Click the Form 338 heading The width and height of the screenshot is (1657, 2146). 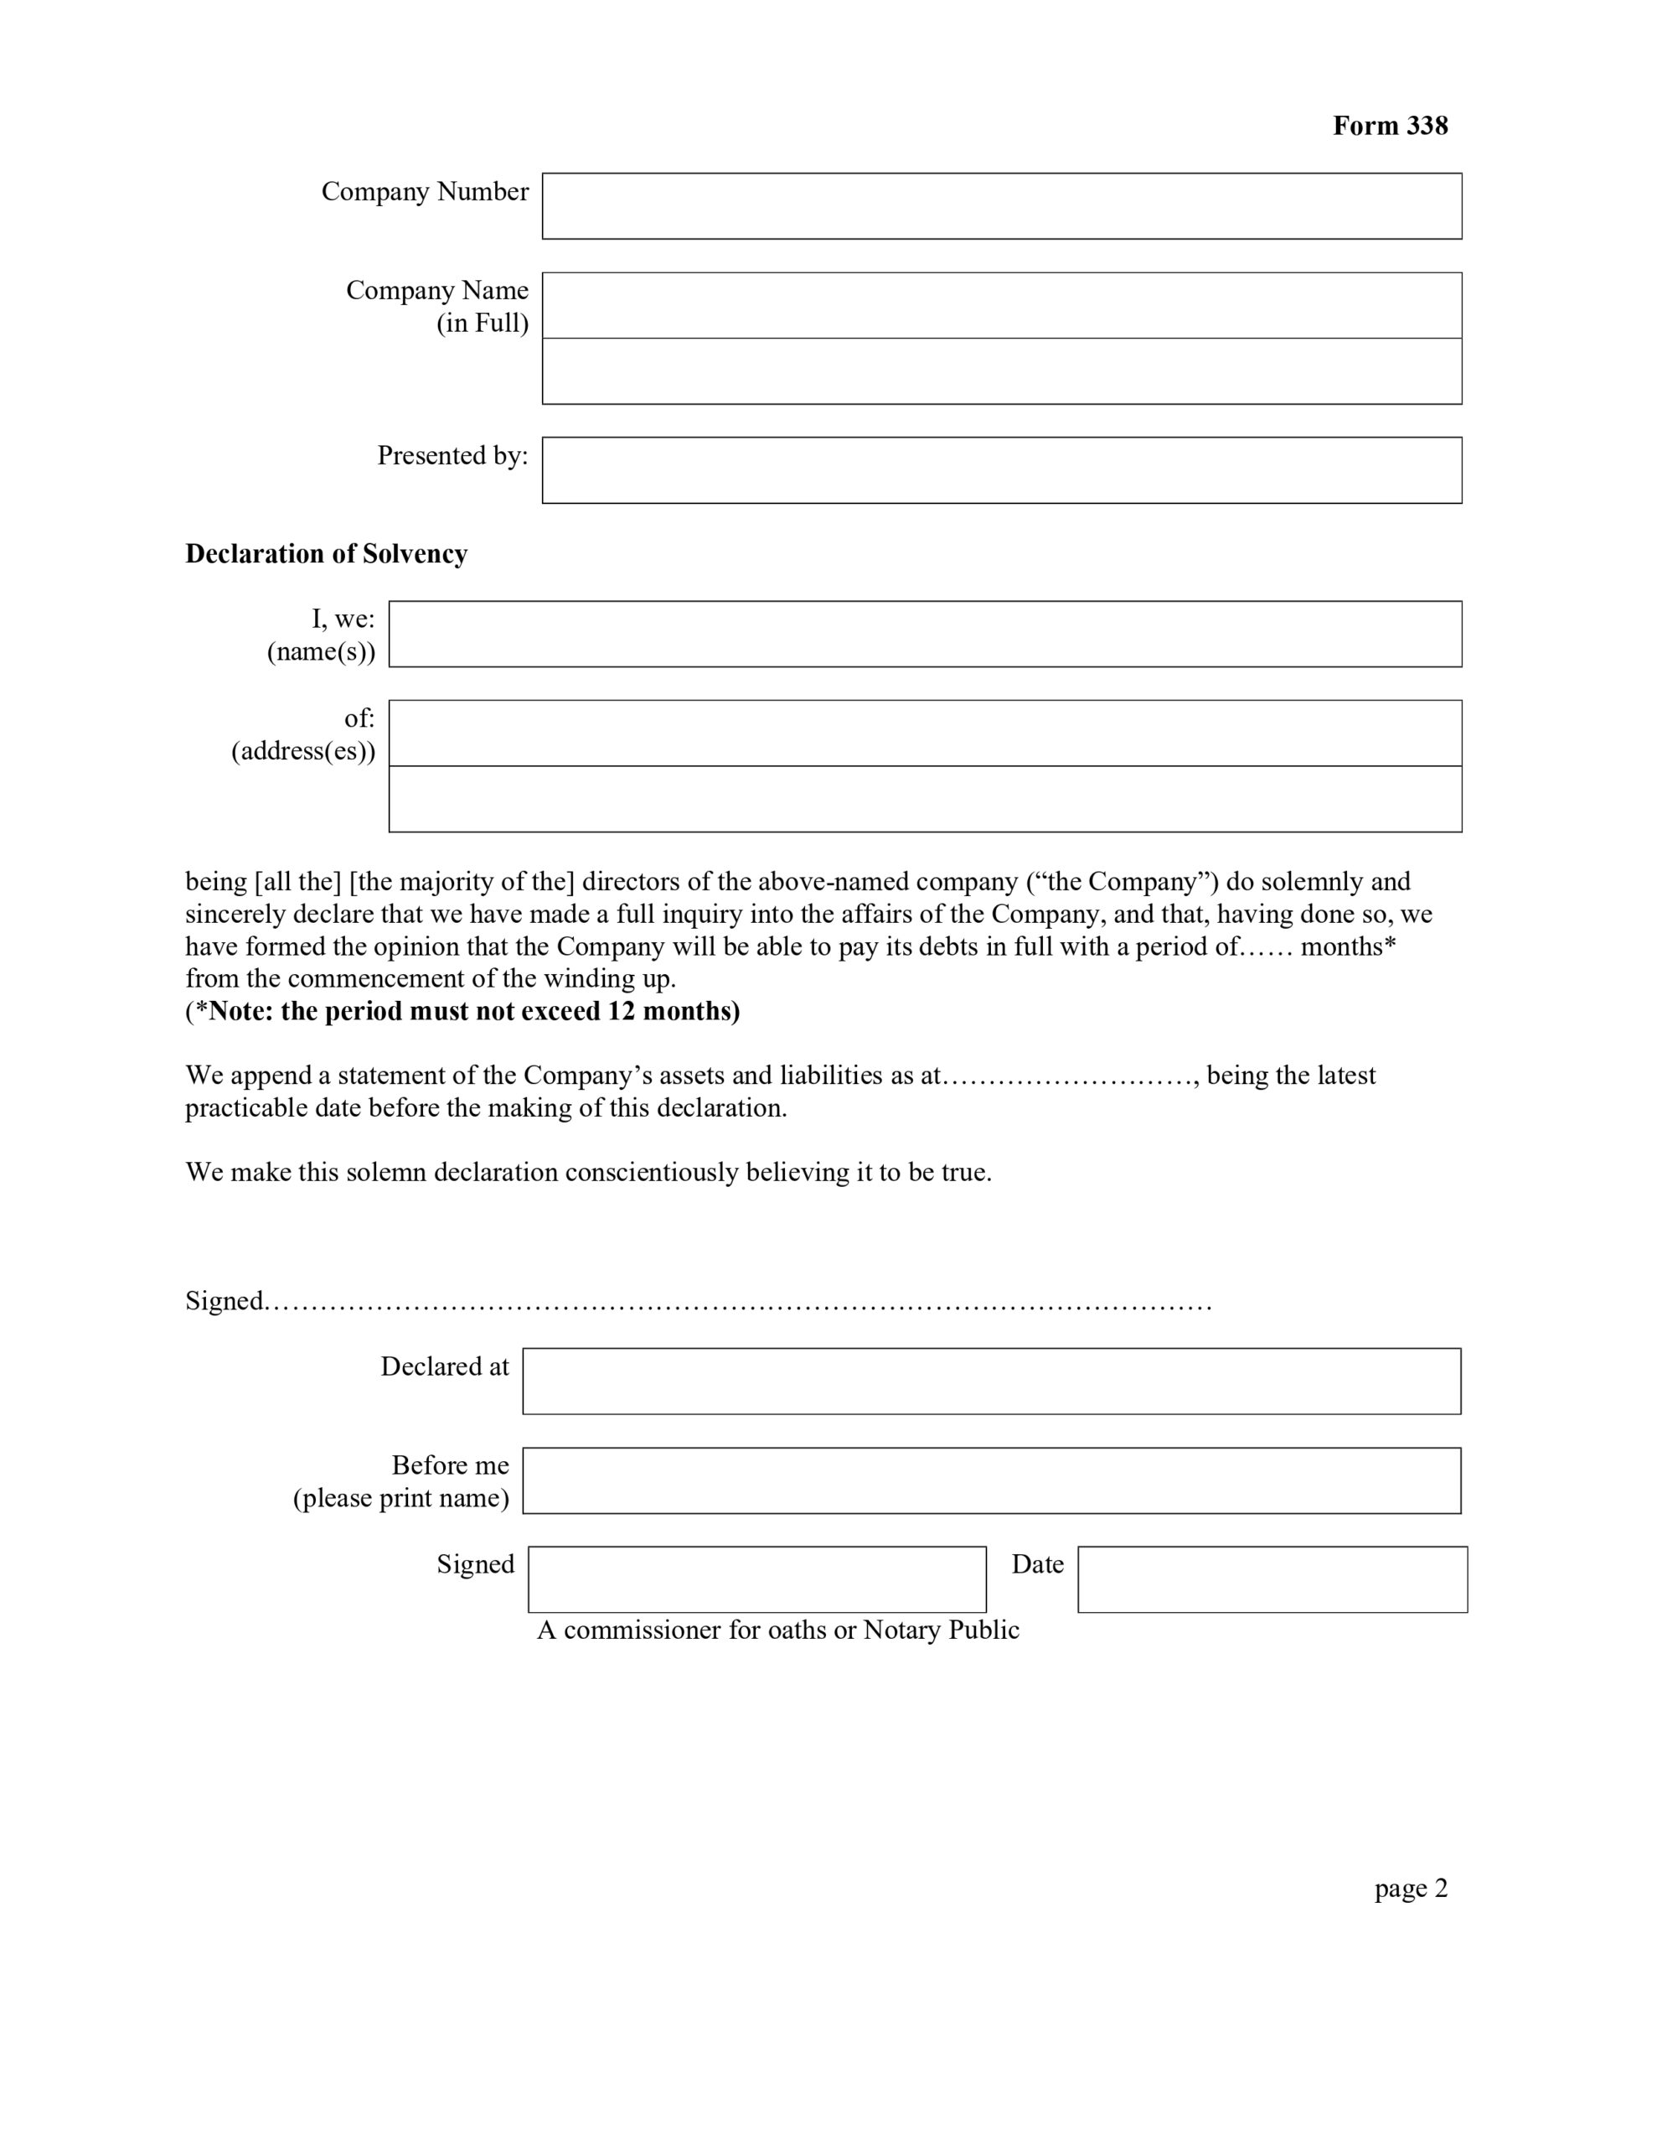pos(1389,126)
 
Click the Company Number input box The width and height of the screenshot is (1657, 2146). pos(1001,206)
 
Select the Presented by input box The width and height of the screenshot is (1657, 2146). pos(1001,469)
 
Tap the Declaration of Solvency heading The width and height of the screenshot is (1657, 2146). pos(326,554)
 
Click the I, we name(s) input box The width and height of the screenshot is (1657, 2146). pos(924,634)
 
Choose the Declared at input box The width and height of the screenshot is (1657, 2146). pos(991,1381)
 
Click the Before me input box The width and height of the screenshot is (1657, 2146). pos(991,1480)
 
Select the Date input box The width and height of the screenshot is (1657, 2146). pos(1272,1579)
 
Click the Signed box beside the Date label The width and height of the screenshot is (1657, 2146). pos(756,1579)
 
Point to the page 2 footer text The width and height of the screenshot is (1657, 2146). pos(1411,1888)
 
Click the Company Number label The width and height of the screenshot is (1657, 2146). pos(425,192)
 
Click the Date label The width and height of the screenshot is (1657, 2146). pos(1037,1564)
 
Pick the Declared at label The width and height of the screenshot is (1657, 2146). pos(444,1366)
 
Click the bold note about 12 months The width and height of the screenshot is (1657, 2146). pos(462,1011)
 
